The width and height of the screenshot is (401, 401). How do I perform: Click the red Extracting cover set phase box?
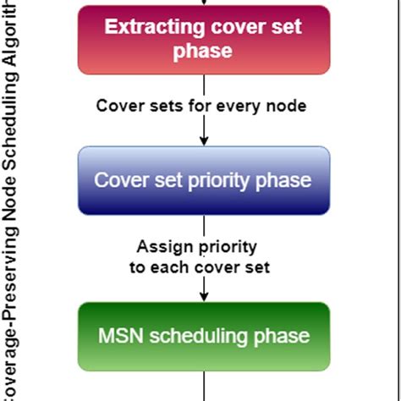[x=203, y=39]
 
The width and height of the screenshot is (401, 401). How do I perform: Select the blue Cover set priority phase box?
[x=203, y=180]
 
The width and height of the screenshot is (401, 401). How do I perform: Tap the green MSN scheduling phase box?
[x=203, y=335]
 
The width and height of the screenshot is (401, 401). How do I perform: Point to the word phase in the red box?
[x=203, y=52]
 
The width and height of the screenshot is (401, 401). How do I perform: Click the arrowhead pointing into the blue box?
[x=204, y=141]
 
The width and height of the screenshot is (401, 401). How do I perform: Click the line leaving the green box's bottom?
[x=204, y=385]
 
